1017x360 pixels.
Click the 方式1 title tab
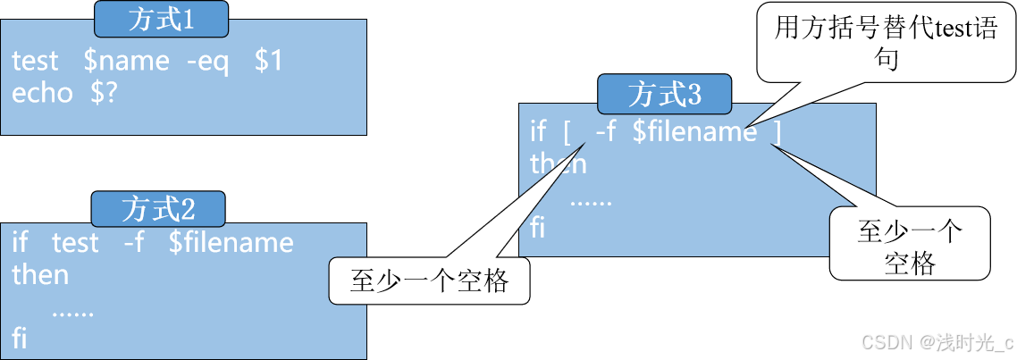pos(161,21)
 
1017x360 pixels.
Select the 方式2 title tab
pos(158,209)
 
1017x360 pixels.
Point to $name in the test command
pos(125,62)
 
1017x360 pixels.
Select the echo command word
pos(42,94)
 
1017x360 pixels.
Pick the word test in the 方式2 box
pos(75,243)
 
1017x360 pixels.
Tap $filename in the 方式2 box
pos(231,243)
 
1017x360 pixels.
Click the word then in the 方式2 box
pos(40,275)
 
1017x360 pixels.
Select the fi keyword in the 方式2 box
pos(20,338)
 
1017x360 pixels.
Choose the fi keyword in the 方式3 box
pos(538,227)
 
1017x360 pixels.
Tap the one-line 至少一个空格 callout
pos(429,281)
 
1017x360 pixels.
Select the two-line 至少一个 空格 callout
pos(910,246)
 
